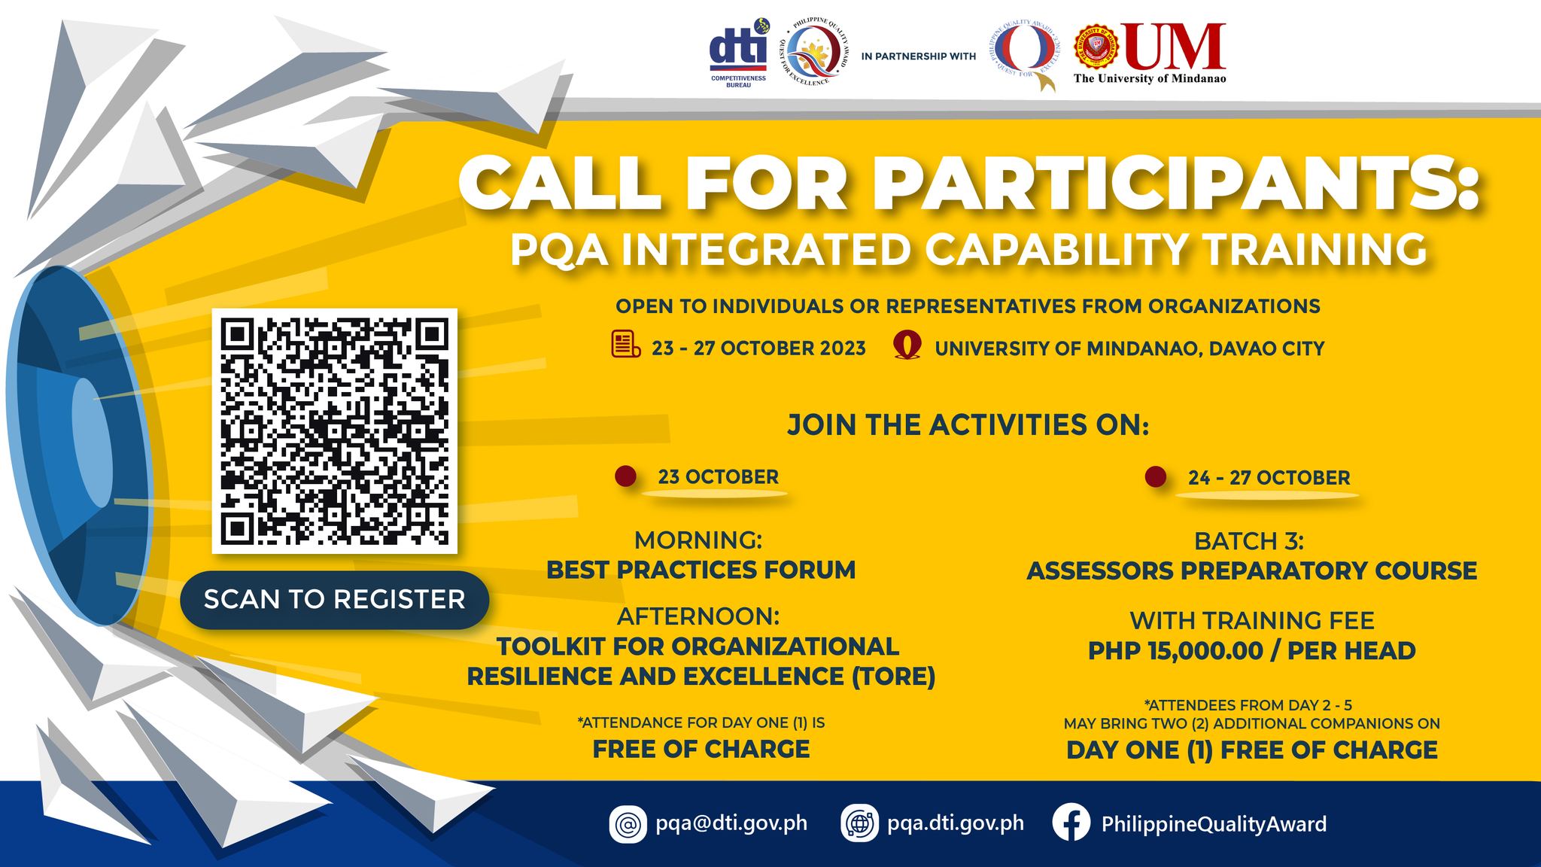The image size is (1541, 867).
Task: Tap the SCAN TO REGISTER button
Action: click(334, 600)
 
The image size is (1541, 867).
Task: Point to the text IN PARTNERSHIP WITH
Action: click(918, 56)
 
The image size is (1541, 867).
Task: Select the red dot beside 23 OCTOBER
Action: click(626, 476)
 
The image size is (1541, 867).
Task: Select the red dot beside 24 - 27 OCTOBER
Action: click(1155, 476)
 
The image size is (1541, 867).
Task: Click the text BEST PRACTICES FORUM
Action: click(701, 570)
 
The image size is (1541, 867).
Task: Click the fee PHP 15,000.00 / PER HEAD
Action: click(1251, 650)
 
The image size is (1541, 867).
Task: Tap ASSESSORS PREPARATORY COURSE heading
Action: click(1251, 570)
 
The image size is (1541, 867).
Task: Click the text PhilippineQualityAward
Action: click(1213, 824)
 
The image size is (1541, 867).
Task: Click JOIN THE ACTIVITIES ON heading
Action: click(968, 425)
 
